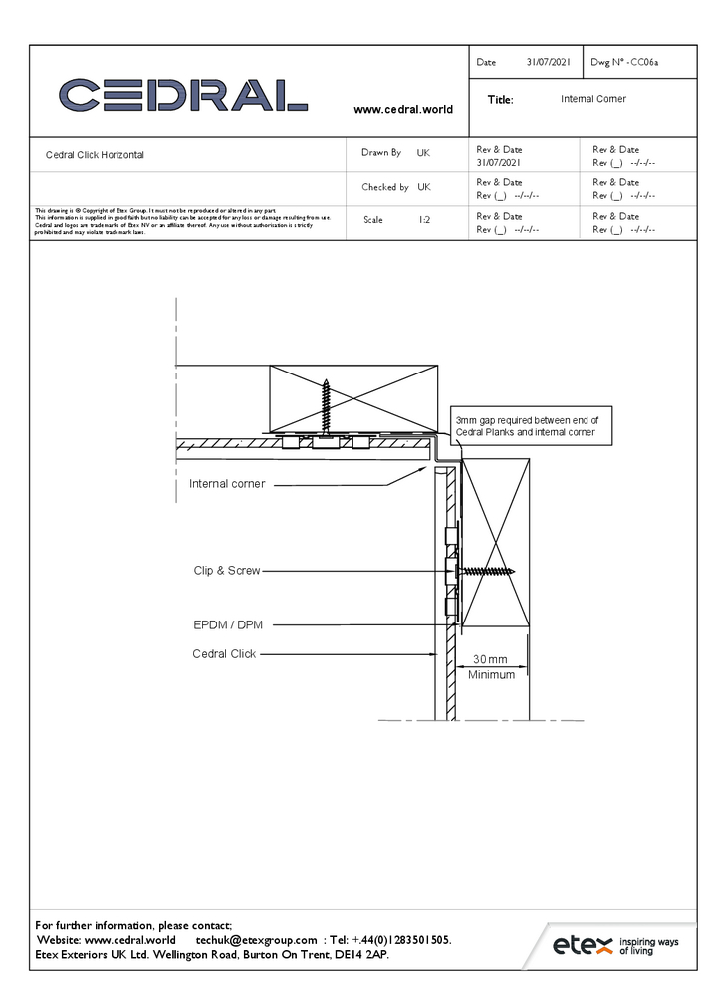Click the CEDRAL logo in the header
click(x=183, y=95)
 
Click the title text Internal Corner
click(x=593, y=99)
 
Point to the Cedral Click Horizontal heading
click(x=95, y=155)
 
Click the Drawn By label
click(x=381, y=153)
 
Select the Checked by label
click(x=384, y=187)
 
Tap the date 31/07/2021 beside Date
click(x=548, y=62)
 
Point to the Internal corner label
click(x=227, y=484)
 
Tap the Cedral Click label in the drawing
click(x=224, y=654)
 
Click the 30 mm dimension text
click(x=490, y=659)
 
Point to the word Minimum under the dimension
click(x=492, y=675)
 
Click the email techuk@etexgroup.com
click(x=256, y=940)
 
